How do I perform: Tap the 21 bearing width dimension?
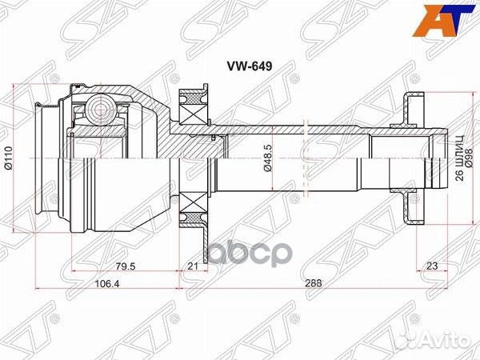pyautogui.click(x=192, y=266)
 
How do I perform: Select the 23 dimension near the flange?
pyautogui.click(x=431, y=266)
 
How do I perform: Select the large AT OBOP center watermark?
pyautogui.click(x=246, y=254)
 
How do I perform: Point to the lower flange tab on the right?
pyautogui.click(x=410, y=210)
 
